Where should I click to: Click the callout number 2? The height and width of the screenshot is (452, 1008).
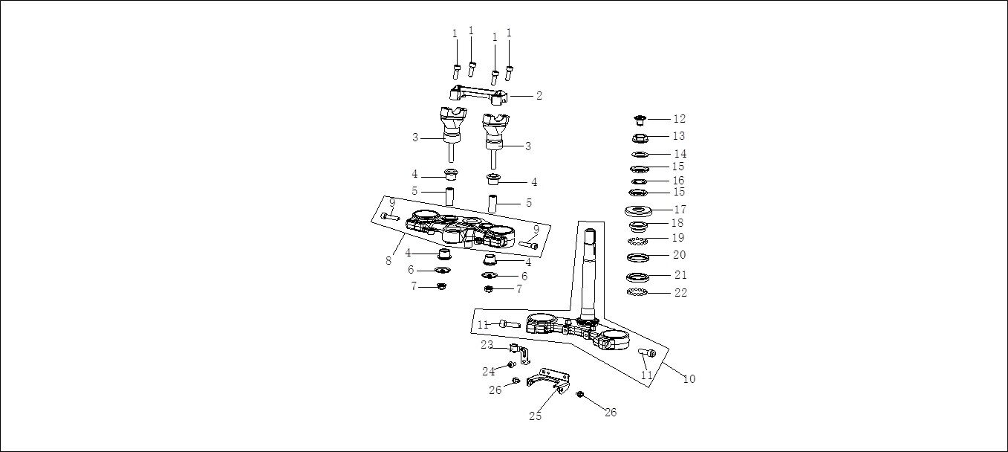(539, 96)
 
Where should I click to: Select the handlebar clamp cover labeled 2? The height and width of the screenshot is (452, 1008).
(479, 94)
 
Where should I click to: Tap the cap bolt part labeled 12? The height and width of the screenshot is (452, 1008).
(639, 119)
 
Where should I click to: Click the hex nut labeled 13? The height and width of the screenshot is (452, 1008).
(639, 137)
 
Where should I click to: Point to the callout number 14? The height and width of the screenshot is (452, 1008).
(680, 154)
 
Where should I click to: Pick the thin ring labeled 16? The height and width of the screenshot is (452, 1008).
(639, 181)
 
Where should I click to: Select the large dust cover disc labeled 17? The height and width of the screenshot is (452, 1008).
(639, 210)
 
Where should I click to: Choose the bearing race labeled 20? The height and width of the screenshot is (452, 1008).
(639, 257)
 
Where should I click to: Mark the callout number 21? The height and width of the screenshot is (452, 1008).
(680, 275)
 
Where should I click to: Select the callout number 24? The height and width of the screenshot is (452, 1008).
(488, 371)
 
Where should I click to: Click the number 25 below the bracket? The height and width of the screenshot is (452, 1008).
(535, 416)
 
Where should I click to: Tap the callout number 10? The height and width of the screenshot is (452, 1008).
(689, 379)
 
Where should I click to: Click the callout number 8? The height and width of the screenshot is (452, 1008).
(388, 260)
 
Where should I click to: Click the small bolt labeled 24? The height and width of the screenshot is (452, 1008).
(511, 364)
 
